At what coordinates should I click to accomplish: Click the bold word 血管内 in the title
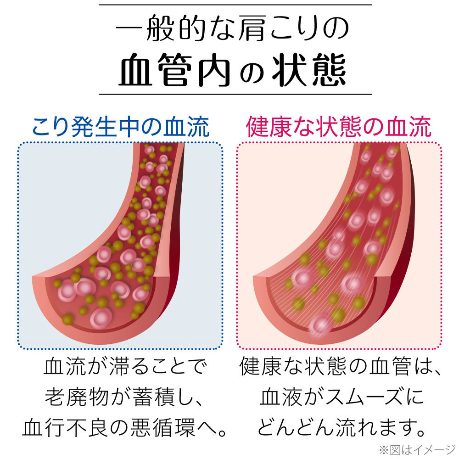[174, 70]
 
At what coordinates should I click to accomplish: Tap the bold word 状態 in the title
[309, 70]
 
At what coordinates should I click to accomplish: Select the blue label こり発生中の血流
[121, 127]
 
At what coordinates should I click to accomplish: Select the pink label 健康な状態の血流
[339, 127]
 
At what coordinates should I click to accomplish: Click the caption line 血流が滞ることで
[126, 366]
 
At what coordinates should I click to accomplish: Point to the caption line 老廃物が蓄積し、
[124, 397]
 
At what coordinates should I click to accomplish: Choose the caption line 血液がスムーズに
[342, 397]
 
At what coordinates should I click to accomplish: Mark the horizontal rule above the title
[235, 5]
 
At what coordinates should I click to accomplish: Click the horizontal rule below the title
[235, 94]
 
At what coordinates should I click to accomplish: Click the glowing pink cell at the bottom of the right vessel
[320, 325]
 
